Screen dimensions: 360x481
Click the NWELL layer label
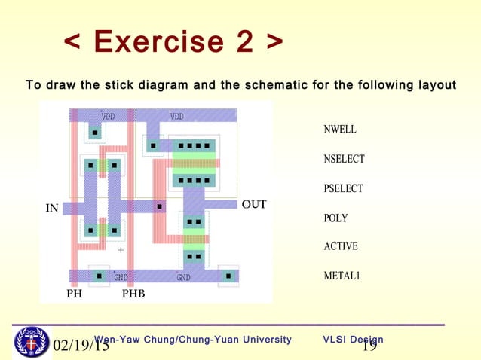point(339,130)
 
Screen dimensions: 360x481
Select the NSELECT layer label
point(344,159)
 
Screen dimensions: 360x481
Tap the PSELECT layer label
point(343,188)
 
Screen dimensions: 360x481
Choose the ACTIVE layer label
point(340,246)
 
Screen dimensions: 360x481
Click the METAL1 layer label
point(342,276)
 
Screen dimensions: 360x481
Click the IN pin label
point(52,209)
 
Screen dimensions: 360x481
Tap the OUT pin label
point(253,204)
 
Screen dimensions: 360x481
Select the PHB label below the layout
point(133,294)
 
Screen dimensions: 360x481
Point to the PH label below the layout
point(74,294)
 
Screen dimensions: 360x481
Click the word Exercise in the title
point(157,42)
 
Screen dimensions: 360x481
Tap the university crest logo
point(31,342)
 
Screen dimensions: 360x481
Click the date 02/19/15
point(81,347)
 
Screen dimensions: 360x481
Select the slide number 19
point(369,346)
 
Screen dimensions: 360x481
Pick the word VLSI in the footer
point(336,340)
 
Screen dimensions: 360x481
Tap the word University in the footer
point(263,340)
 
